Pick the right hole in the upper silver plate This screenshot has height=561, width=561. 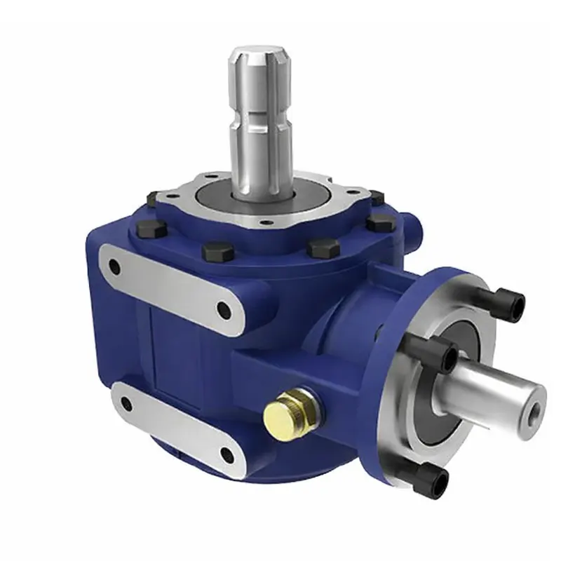[x=224, y=309]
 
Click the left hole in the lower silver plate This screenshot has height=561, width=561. [x=127, y=404]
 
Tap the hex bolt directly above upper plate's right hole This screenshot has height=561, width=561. [x=212, y=250]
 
